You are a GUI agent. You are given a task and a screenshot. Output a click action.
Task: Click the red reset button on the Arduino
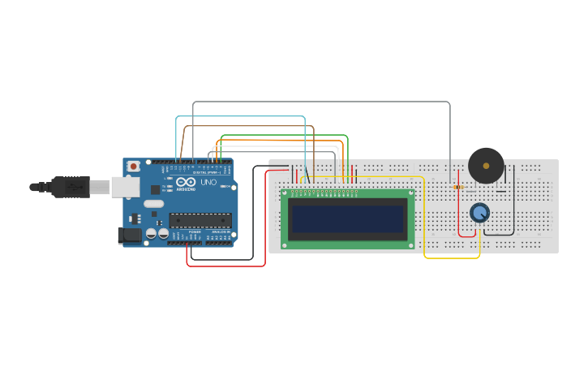click(x=133, y=167)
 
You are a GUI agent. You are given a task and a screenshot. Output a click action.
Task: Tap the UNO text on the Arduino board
click(x=208, y=183)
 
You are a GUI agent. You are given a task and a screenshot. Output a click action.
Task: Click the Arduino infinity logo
click(x=186, y=183)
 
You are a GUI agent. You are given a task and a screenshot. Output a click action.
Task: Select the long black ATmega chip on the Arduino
click(x=200, y=219)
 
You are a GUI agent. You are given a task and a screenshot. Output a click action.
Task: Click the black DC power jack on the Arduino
click(x=128, y=236)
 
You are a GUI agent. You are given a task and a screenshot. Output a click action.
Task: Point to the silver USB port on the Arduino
click(x=124, y=187)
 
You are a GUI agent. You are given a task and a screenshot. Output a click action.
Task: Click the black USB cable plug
click(x=69, y=187)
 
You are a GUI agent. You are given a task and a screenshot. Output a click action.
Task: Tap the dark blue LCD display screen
click(x=348, y=219)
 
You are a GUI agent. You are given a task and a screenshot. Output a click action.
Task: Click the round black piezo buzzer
click(x=486, y=166)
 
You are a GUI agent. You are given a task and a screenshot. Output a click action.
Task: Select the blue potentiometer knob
click(x=479, y=213)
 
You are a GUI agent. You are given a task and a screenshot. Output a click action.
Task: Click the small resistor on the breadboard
click(x=457, y=187)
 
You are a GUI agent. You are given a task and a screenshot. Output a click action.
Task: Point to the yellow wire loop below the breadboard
click(x=451, y=258)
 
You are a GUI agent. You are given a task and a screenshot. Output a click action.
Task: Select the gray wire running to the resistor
click(x=324, y=102)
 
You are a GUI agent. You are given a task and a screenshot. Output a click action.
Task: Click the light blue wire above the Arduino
click(x=243, y=116)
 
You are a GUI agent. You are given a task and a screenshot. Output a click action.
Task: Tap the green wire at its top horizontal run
click(x=284, y=135)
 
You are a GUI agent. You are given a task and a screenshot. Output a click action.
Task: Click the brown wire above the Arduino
click(x=243, y=126)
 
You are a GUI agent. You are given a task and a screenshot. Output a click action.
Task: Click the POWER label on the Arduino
click(x=195, y=232)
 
